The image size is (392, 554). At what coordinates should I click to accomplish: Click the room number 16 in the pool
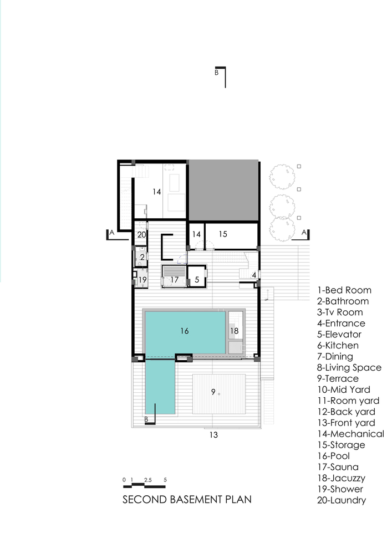(x=185, y=331)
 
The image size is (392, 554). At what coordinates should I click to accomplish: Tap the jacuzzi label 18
(x=235, y=331)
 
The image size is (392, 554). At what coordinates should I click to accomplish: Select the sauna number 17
(x=175, y=280)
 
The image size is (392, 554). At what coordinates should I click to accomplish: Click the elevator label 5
(x=197, y=280)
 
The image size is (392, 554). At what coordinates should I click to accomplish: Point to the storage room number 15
(x=223, y=234)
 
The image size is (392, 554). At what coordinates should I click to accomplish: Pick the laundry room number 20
(x=141, y=234)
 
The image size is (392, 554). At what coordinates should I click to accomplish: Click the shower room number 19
(x=142, y=280)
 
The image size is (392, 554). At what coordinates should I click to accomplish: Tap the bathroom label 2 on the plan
(x=142, y=257)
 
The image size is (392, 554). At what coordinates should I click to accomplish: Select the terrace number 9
(x=213, y=392)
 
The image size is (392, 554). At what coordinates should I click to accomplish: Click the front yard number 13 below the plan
(x=213, y=435)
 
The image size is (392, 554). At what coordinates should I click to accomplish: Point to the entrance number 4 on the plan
(x=254, y=275)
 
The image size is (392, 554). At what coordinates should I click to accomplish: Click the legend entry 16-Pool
(x=333, y=456)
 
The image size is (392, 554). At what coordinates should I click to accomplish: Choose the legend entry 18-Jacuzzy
(x=341, y=479)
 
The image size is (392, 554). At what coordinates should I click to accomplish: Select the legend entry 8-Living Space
(x=349, y=368)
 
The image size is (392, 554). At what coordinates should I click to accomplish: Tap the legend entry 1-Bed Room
(x=344, y=290)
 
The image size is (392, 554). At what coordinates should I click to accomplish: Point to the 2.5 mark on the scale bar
(x=147, y=480)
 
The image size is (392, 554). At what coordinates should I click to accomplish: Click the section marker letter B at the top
(x=217, y=73)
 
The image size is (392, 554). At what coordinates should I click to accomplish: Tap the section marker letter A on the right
(x=304, y=233)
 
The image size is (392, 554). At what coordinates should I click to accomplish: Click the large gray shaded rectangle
(x=223, y=191)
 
